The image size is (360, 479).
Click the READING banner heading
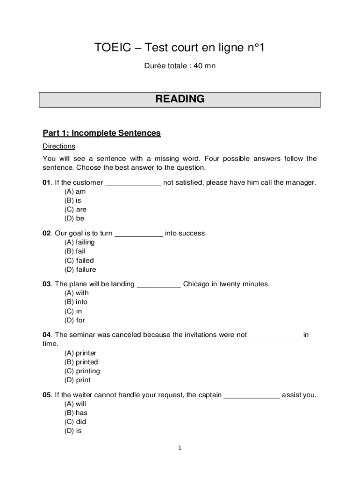click(x=180, y=99)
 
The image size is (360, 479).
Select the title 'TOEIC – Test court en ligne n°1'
click(x=180, y=48)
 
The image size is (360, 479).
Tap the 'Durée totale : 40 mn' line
click(x=180, y=66)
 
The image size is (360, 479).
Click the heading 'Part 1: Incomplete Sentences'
click(x=101, y=133)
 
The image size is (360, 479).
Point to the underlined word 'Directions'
click(x=59, y=146)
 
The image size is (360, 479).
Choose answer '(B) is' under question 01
click(x=73, y=201)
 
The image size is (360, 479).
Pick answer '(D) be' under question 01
click(x=74, y=218)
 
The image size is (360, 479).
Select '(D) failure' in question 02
click(x=80, y=269)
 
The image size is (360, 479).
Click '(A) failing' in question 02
click(x=79, y=242)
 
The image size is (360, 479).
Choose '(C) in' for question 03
click(x=73, y=311)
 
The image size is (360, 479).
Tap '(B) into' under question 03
click(x=76, y=302)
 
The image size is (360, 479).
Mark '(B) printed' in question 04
click(x=81, y=362)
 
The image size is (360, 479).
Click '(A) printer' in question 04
click(x=80, y=353)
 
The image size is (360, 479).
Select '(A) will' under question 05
click(x=75, y=404)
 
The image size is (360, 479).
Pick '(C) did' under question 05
click(x=75, y=422)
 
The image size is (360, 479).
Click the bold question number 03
click(x=47, y=284)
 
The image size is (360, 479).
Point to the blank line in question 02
click(x=139, y=233)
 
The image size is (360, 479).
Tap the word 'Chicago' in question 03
click(x=196, y=284)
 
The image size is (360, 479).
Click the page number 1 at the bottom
click(x=180, y=448)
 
